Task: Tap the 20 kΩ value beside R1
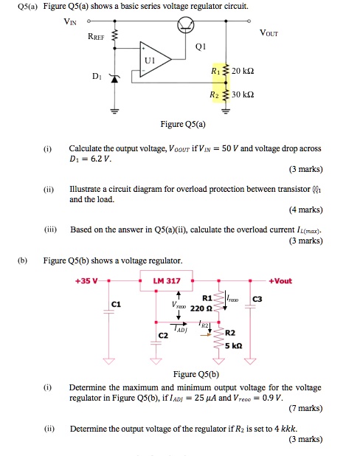[243, 70]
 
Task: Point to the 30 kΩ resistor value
[243, 97]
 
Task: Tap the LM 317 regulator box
[167, 281]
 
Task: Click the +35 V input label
[88, 281]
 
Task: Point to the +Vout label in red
[282, 281]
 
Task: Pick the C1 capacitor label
[115, 305]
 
